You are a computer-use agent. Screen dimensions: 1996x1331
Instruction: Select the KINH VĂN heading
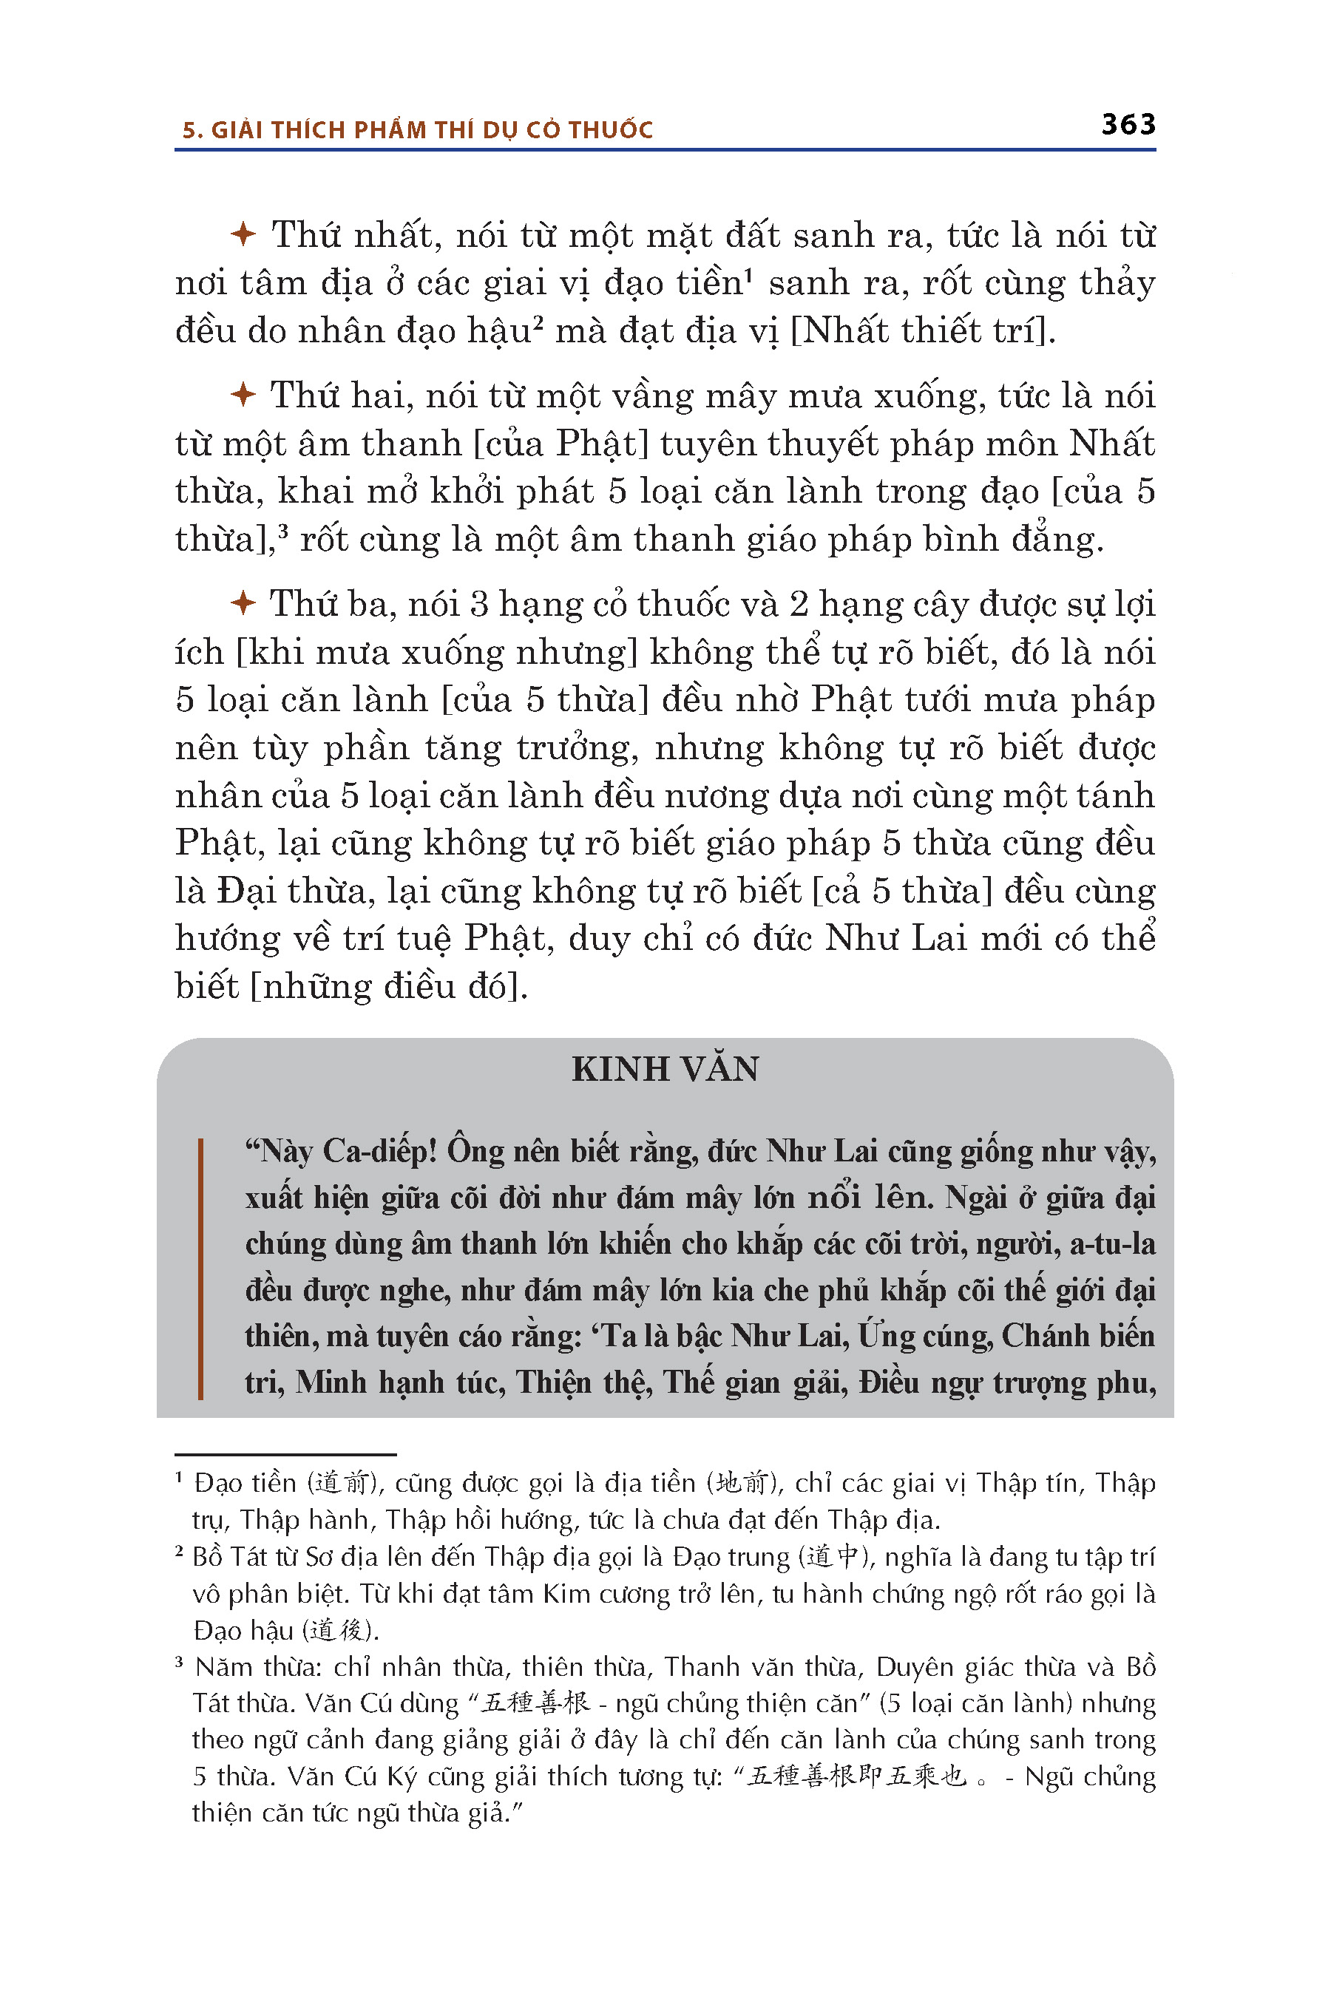(665, 1069)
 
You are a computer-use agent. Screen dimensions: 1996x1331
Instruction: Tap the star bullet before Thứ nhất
(243, 234)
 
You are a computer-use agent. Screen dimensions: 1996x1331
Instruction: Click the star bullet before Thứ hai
(243, 395)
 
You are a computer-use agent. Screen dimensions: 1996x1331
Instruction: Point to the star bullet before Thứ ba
(243, 603)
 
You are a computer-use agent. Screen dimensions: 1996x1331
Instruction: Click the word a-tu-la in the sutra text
(1112, 1244)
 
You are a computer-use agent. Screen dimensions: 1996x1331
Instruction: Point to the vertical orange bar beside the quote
(200, 1268)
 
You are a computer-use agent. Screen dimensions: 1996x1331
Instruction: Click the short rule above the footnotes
(285, 1455)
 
